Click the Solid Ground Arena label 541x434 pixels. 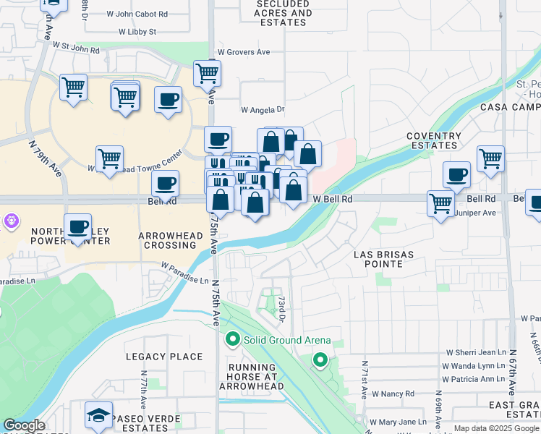tap(287, 340)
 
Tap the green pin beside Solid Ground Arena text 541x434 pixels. tap(233, 339)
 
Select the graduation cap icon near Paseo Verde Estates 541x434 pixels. tap(98, 415)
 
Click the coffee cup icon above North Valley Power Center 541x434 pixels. tap(77, 226)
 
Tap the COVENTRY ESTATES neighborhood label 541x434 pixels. tap(434, 140)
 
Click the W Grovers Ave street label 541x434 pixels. tap(243, 52)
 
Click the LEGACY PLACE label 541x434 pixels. tap(164, 357)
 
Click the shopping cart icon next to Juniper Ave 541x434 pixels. tap(440, 204)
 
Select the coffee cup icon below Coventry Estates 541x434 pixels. tap(456, 174)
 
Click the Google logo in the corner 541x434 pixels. tap(24, 425)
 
